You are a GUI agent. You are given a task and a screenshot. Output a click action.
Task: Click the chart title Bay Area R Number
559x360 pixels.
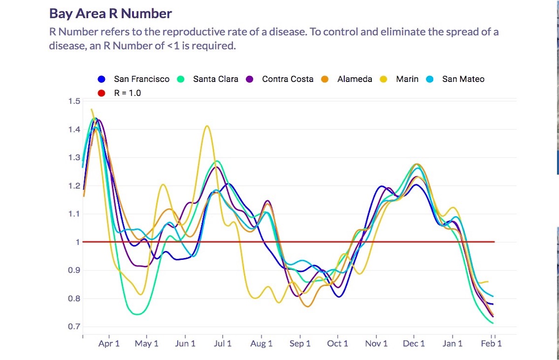[x=110, y=13]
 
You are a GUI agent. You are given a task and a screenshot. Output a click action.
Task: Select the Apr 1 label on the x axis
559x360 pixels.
[x=109, y=344]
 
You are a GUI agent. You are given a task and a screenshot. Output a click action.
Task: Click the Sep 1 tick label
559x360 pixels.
[x=300, y=344]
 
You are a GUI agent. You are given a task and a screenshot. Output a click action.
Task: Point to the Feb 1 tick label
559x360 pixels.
[x=491, y=344]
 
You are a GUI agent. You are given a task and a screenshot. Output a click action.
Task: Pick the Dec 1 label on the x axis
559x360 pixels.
[x=414, y=344]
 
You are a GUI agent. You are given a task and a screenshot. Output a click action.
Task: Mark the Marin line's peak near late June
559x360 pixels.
[x=207, y=126]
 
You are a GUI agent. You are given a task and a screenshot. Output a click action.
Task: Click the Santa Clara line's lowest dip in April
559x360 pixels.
[x=137, y=314]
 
